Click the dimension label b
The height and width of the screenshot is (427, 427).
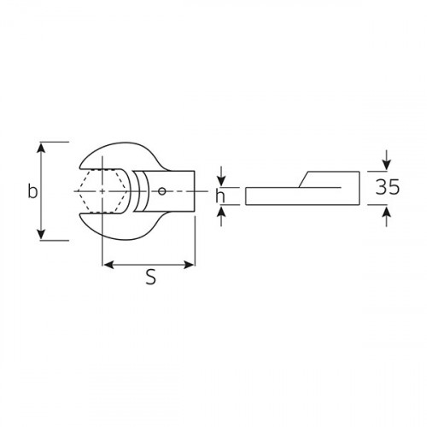point(32,191)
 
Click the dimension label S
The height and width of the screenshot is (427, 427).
point(150,277)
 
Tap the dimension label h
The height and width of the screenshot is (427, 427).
point(220,196)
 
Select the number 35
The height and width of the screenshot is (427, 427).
point(388,187)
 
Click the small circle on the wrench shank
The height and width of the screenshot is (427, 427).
point(162,191)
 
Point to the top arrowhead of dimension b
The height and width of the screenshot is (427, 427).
point(42,149)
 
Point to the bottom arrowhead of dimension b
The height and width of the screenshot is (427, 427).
point(42,233)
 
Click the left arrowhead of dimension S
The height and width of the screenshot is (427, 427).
point(108,265)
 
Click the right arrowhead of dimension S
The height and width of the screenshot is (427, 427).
point(189,265)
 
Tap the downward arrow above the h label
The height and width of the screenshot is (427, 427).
point(221,177)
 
